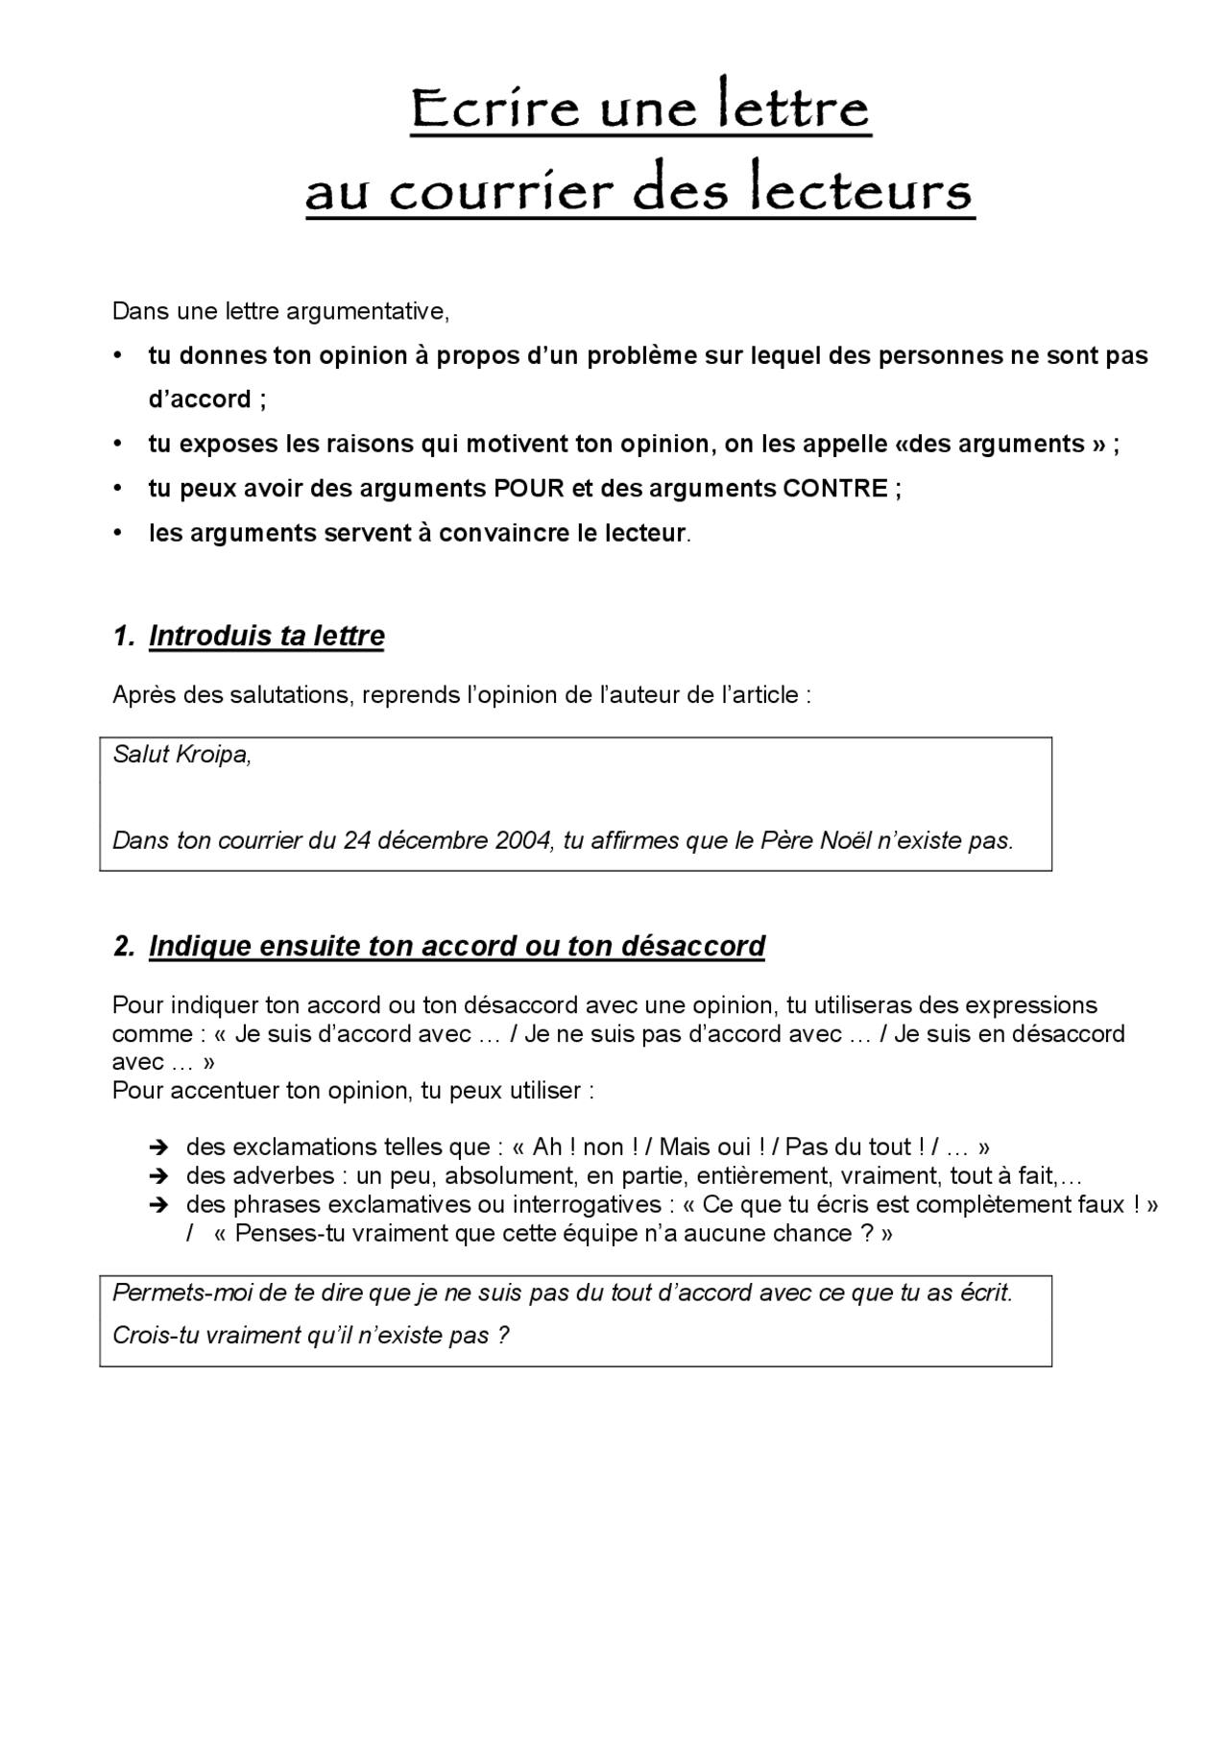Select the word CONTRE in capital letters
coord(835,489)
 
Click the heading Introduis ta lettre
coord(266,636)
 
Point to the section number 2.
coord(122,946)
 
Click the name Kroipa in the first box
coord(215,755)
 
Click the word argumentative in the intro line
coord(379,311)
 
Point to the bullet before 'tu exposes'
coord(118,444)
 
